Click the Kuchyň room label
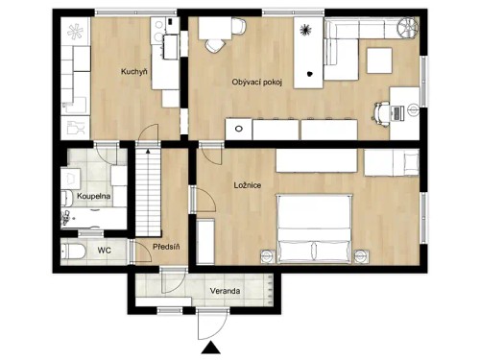pos(132,72)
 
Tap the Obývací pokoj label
pos(258,83)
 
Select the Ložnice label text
pos(248,184)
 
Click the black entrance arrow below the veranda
pos(209,348)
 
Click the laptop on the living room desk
pos(400,111)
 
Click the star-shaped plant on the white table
pos(306,29)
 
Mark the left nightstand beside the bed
pos(265,254)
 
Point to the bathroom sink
pos(69,179)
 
